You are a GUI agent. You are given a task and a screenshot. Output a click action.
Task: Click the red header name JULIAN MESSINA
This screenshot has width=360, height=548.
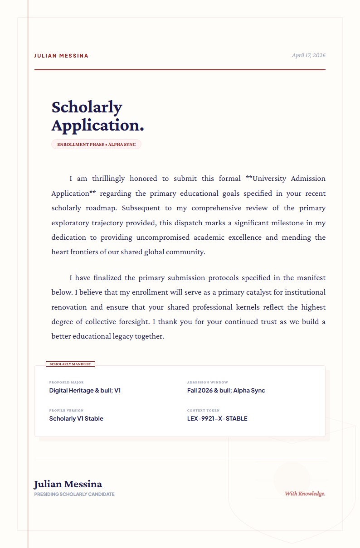tap(61, 56)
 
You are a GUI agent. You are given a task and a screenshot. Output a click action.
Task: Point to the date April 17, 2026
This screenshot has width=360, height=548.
tap(308, 55)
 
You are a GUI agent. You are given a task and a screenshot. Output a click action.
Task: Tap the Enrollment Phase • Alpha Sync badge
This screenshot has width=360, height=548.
tap(96, 145)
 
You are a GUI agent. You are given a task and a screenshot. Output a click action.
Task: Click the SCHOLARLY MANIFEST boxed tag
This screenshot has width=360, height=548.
tap(70, 364)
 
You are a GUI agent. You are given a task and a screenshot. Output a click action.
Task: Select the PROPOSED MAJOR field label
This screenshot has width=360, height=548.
tap(66, 383)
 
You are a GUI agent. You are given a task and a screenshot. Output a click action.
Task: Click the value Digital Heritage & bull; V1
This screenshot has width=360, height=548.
tap(85, 390)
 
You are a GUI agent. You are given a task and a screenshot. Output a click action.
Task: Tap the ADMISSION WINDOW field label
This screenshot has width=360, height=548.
tap(208, 383)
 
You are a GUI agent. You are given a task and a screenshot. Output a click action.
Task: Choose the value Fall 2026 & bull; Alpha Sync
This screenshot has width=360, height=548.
tap(226, 390)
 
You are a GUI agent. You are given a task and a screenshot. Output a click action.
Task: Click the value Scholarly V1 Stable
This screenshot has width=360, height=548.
tap(76, 418)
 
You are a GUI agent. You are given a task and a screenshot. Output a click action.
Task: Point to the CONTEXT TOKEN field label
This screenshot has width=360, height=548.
tap(203, 411)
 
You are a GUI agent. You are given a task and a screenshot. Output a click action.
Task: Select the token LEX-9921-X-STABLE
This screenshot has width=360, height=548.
tap(217, 418)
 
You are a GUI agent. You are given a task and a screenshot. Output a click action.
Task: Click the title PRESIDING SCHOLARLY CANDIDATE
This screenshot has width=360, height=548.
tap(74, 494)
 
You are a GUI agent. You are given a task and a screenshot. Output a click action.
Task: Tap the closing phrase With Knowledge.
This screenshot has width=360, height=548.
tap(305, 494)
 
